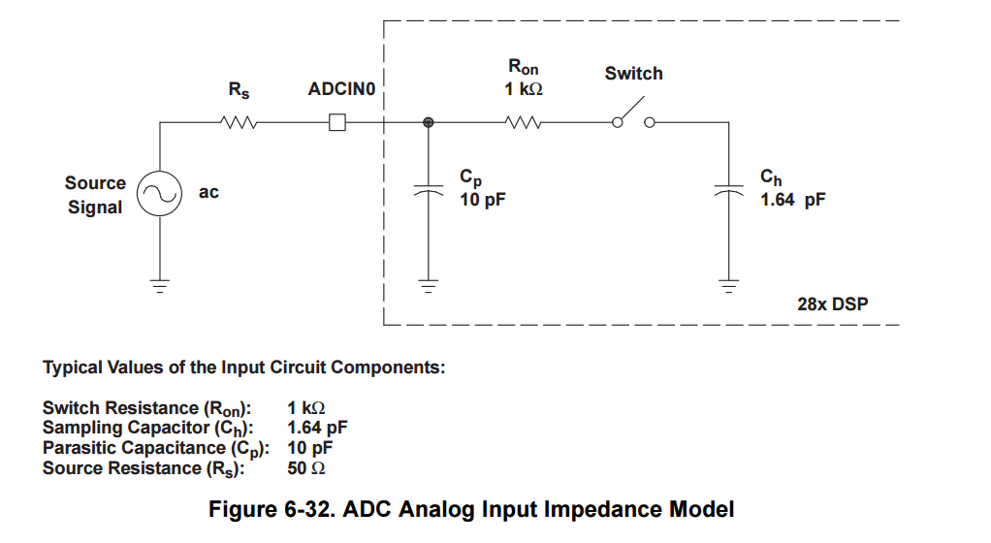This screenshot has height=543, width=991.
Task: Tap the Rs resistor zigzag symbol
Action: (x=239, y=123)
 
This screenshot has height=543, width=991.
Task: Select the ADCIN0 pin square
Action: (x=337, y=123)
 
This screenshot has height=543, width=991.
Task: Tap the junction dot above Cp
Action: (x=428, y=123)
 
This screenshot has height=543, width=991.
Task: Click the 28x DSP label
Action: (x=832, y=304)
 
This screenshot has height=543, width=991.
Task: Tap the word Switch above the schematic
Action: (x=633, y=74)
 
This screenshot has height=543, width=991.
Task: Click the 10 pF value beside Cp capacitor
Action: (x=483, y=200)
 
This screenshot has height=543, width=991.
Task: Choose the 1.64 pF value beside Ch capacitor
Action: (x=792, y=200)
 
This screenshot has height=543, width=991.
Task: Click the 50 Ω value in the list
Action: (x=304, y=468)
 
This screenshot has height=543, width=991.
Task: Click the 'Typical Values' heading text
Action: (x=243, y=367)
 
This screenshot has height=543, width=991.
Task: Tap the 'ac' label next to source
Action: (x=208, y=192)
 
